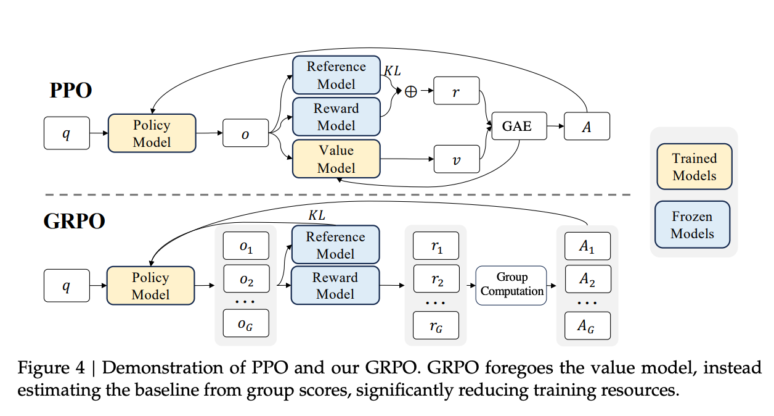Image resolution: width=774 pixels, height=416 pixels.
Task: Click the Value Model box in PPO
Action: point(336,159)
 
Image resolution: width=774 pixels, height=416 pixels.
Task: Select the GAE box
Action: point(516,127)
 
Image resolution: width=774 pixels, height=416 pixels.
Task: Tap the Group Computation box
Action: point(511,285)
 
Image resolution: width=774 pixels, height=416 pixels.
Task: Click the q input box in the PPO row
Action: point(67,133)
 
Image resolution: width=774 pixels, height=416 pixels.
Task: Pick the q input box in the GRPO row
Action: point(67,285)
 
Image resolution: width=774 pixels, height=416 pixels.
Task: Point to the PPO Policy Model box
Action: point(152,133)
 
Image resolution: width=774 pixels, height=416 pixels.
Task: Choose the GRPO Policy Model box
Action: point(150,285)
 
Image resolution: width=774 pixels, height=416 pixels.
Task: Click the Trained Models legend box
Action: point(694,167)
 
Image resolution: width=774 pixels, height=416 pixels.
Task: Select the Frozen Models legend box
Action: point(692,225)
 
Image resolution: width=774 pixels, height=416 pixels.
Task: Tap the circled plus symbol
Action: point(410,91)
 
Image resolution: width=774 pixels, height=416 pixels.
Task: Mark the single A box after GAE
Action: point(587,126)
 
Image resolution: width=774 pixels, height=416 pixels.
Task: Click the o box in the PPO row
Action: point(245,133)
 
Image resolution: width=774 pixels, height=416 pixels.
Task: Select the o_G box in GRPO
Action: point(245,323)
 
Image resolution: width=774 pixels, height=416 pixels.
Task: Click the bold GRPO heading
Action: point(75,220)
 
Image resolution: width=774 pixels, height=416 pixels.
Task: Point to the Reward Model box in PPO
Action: point(336,117)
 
